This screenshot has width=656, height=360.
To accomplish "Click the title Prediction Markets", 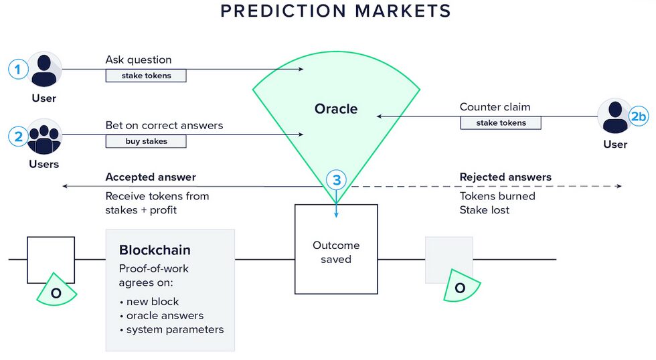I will (335, 11).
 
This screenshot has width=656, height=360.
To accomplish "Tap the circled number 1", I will (18, 69).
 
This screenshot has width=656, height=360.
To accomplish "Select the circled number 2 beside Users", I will (18, 137).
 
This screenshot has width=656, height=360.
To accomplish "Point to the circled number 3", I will (337, 179).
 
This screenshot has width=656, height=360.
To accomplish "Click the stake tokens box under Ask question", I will (146, 76).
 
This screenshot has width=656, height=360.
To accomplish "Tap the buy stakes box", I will (146, 141).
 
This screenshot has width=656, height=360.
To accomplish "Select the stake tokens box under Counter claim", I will (501, 122).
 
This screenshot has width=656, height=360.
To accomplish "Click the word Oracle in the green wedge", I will (336, 108).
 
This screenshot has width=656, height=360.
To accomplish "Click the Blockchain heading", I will (155, 250).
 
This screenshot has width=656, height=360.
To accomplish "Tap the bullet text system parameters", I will (175, 329).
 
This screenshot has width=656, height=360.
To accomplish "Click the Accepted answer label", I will (151, 177).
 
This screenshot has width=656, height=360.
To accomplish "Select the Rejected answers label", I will (505, 177).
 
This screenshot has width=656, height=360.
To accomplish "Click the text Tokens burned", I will (497, 196).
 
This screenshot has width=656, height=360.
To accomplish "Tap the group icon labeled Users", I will (45, 137).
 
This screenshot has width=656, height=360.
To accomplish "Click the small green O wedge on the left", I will (56, 292).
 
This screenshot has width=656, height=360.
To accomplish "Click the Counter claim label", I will (495, 107).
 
